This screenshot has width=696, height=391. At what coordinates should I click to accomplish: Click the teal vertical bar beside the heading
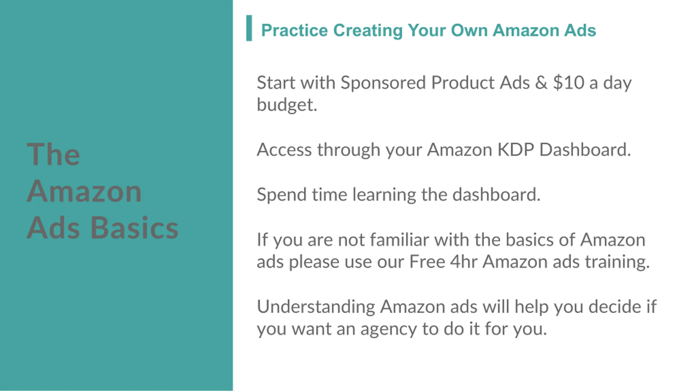(x=249, y=28)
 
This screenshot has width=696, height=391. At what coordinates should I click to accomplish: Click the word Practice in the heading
(x=294, y=30)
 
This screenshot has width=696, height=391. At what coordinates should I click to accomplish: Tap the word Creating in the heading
(x=368, y=30)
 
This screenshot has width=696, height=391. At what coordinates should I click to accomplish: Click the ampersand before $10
(x=541, y=83)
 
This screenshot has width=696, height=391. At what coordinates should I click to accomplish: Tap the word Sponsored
(x=383, y=83)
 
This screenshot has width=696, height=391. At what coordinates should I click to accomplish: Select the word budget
(x=287, y=105)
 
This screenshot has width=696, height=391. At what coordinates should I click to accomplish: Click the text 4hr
(x=464, y=262)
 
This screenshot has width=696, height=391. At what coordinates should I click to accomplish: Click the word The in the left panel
(x=53, y=154)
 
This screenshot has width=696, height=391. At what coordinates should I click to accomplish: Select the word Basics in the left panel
(x=134, y=227)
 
